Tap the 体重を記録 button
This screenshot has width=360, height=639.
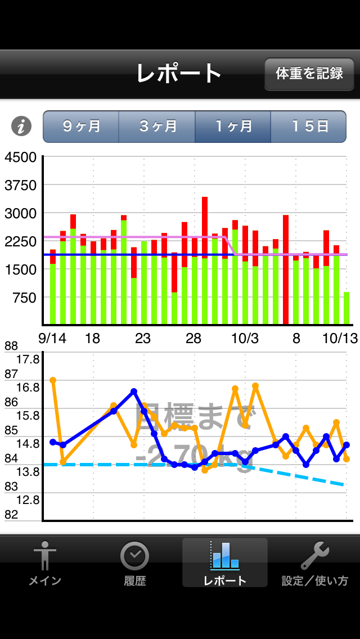pos(309,74)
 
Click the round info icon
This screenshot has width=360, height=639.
pos(21,127)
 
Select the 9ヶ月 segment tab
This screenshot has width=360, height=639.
pos(81,127)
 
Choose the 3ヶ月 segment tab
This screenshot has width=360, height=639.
pos(157,127)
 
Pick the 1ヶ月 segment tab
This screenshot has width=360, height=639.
pos(233,127)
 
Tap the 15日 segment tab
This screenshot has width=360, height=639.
pos(309,127)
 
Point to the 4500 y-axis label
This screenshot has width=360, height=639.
pos(20,157)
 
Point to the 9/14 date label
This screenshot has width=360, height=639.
pos(52,338)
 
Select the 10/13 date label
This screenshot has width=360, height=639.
pos(339,338)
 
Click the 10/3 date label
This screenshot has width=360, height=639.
pos(245,338)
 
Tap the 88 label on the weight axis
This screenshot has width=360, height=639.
pos(11,346)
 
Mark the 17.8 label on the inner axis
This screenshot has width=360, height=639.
pos(28,359)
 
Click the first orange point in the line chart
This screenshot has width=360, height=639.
pos(53,380)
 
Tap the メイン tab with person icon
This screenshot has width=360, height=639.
pos(45,563)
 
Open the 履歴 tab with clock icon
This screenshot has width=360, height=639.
pos(135,563)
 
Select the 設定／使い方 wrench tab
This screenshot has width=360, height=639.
pos(315,563)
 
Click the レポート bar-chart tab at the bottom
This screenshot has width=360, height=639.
pos(225,563)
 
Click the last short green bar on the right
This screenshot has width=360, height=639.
pos(346,308)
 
